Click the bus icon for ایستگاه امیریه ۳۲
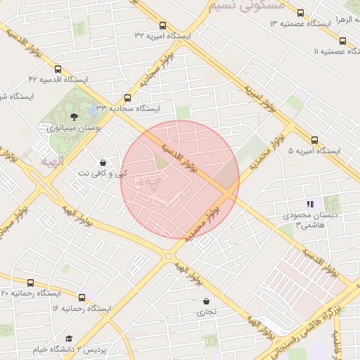[163, 25]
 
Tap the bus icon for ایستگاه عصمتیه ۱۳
[301, 13]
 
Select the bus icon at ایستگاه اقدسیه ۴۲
[58, 70]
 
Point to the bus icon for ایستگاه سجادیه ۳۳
[127, 98]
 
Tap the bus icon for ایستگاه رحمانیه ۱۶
[83, 297]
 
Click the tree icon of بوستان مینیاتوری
[74, 117]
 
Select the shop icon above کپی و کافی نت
[103, 162]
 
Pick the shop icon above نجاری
[205, 301]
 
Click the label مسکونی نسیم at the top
[246, 6]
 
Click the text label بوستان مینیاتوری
[75, 129]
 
